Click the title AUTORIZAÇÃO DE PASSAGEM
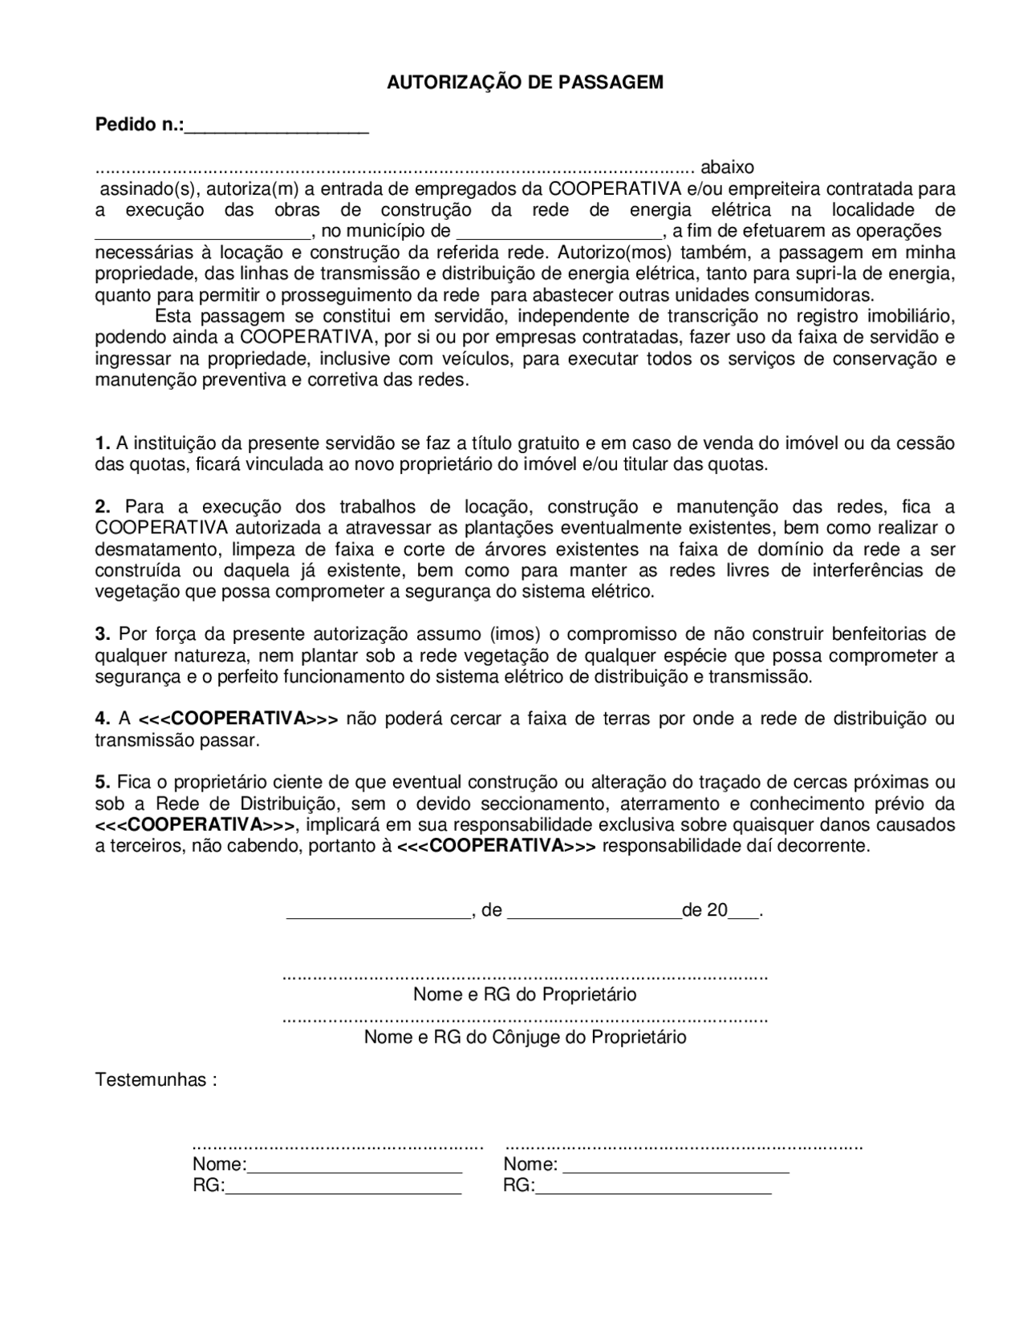[x=525, y=83]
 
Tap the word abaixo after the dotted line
[x=727, y=168]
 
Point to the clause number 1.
[x=102, y=443]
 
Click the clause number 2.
[x=102, y=507]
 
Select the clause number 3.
[x=102, y=634]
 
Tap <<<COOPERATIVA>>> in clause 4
[x=239, y=719]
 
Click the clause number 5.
[x=102, y=782]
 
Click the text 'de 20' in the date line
[x=704, y=910]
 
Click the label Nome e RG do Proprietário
[x=525, y=995]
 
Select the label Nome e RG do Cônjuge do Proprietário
[x=525, y=1037]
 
